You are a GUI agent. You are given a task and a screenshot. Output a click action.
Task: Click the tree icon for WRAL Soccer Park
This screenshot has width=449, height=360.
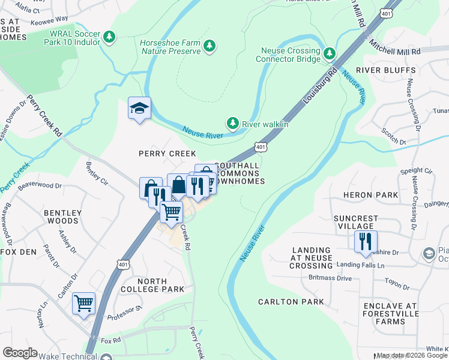[109, 38]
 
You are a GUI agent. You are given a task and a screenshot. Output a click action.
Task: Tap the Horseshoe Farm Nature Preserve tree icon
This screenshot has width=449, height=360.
[209, 46]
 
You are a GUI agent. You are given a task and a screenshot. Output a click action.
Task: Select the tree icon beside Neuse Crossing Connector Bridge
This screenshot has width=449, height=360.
[329, 54]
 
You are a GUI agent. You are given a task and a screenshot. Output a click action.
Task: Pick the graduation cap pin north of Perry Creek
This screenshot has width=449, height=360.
[139, 109]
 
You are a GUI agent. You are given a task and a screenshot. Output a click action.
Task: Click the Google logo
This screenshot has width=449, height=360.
[20, 353]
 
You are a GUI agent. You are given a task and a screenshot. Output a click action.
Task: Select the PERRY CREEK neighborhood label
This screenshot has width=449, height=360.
[167, 154]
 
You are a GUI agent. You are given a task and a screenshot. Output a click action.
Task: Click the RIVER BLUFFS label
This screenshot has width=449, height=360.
[385, 70]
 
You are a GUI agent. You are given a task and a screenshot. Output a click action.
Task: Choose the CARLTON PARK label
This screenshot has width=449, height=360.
[291, 302]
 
